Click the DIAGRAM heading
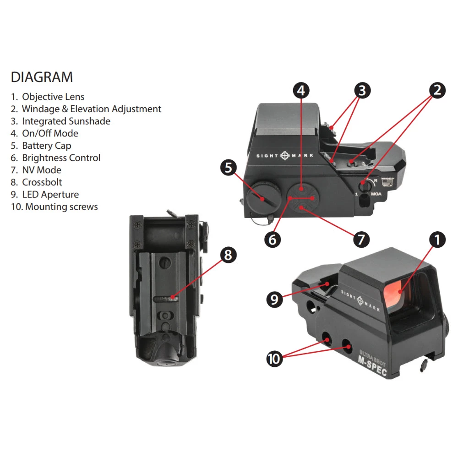pos(42,77)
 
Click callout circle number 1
pos(437,239)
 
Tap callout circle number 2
pos(437,90)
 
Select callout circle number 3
pos(362,90)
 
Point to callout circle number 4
pos(300,90)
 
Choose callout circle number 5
pos(229,167)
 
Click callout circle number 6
pos(273,240)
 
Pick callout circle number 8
pos(229,255)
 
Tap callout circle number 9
pos(274,300)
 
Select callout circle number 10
pos(274,359)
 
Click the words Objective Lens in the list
pos(53,97)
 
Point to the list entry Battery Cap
pos(47,146)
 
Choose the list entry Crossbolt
pos(42,182)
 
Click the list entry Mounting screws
pos(61,207)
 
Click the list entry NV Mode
pos(42,170)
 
